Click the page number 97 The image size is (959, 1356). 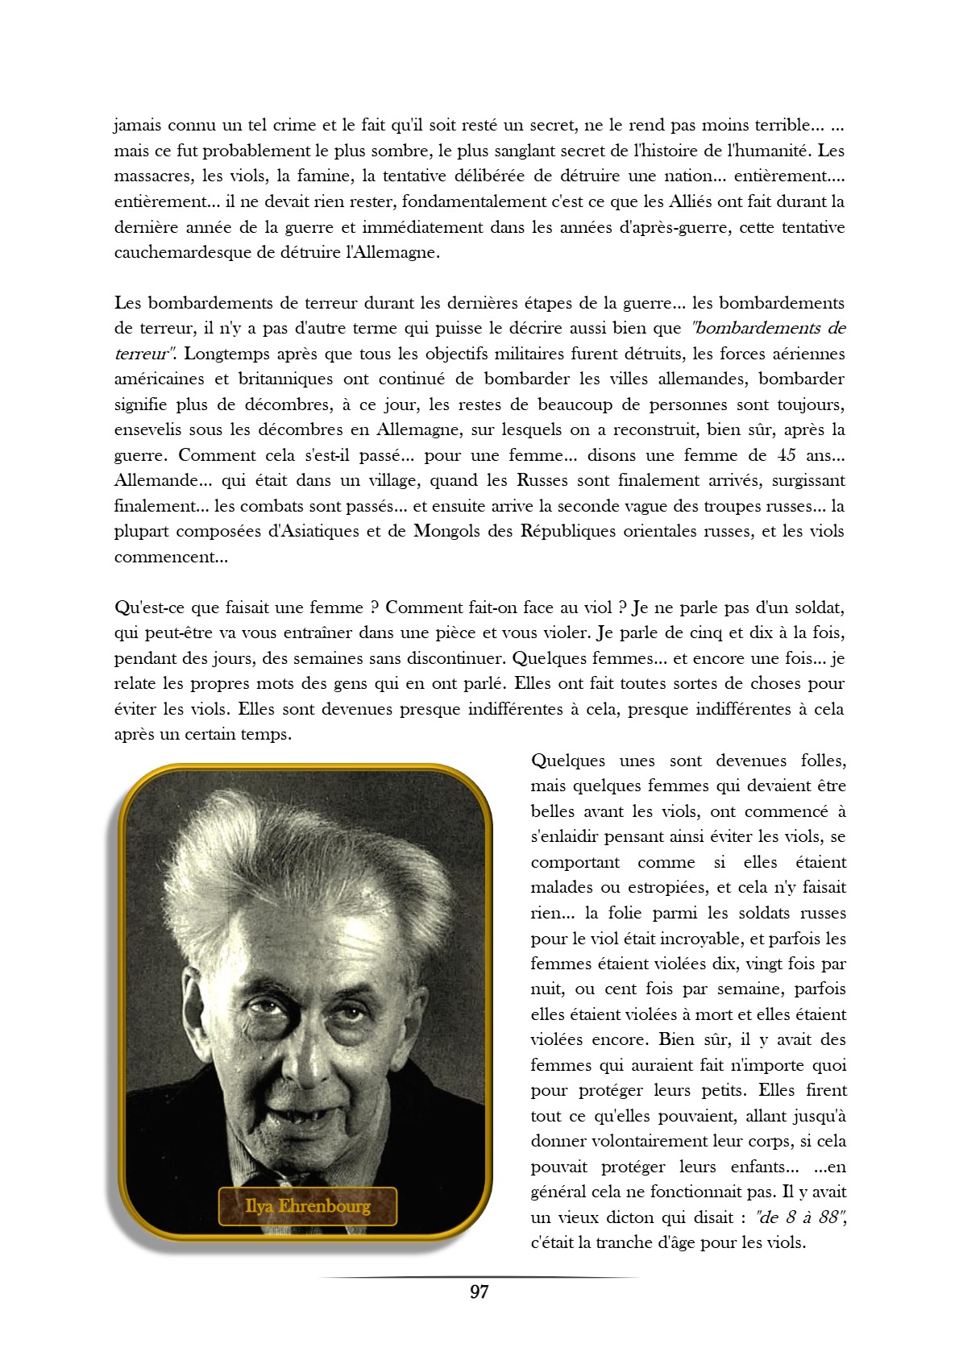(x=479, y=1292)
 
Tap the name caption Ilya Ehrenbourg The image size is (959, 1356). (x=308, y=1206)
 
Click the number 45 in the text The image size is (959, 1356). (x=787, y=455)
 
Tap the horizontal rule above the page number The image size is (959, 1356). (x=479, y=1277)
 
